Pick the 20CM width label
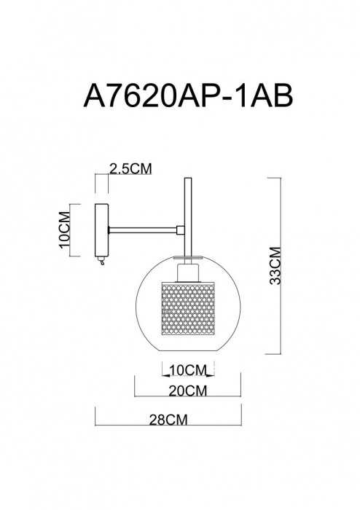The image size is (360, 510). coord(185,391)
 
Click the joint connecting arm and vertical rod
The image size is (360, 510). coord(180,229)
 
